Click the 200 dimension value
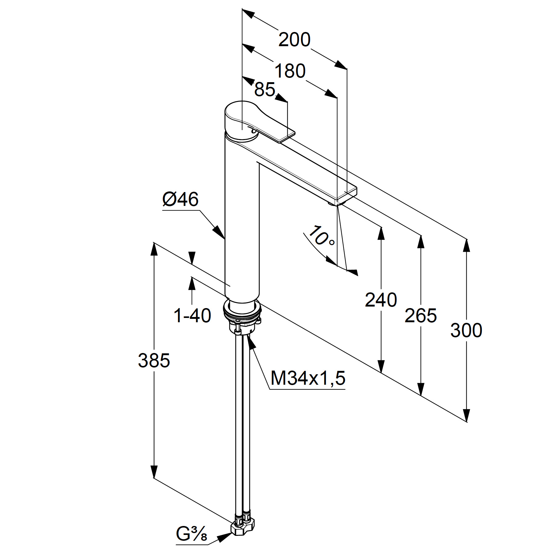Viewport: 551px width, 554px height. pyautogui.click(x=294, y=40)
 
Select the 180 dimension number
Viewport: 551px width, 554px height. pyautogui.click(x=290, y=71)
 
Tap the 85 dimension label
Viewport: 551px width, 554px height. pyautogui.click(x=265, y=90)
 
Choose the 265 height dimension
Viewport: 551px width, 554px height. pyautogui.click(x=420, y=315)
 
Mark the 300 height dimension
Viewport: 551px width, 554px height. pyautogui.click(x=466, y=330)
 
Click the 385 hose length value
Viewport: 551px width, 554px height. pyautogui.click(x=154, y=360)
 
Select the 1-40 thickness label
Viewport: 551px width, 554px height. pyautogui.click(x=192, y=315)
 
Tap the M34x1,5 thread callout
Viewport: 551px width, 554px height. pyautogui.click(x=308, y=378)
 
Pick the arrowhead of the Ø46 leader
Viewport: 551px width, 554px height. pyautogui.click(x=219, y=232)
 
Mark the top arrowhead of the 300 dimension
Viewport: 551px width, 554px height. pyautogui.click(x=466, y=248)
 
